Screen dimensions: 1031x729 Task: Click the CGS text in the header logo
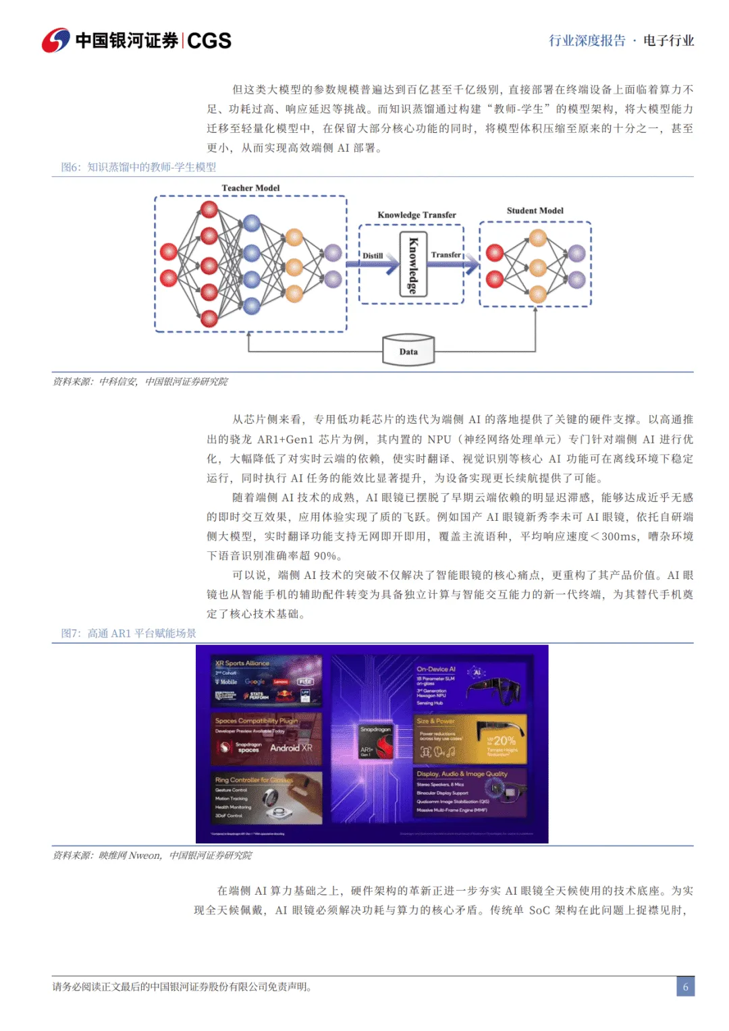(209, 41)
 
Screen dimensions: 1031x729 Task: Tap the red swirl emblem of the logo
(55, 40)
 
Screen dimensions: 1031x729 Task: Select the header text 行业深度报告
(587, 40)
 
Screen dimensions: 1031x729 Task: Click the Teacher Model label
(250, 188)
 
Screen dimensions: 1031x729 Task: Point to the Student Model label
(535, 211)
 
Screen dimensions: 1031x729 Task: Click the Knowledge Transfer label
(416, 215)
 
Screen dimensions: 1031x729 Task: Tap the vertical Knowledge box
(412, 265)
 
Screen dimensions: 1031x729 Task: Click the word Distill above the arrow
(373, 256)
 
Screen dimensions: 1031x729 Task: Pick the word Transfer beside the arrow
(446, 254)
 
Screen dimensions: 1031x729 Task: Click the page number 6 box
(685, 986)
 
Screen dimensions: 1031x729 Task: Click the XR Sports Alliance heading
(242, 663)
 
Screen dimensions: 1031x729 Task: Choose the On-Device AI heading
(436, 669)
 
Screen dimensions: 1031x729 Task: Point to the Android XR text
(291, 748)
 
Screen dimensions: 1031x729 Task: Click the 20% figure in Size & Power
(504, 741)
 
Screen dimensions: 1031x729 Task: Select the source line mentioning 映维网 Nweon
(153, 856)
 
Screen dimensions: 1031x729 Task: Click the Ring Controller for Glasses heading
(254, 780)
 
